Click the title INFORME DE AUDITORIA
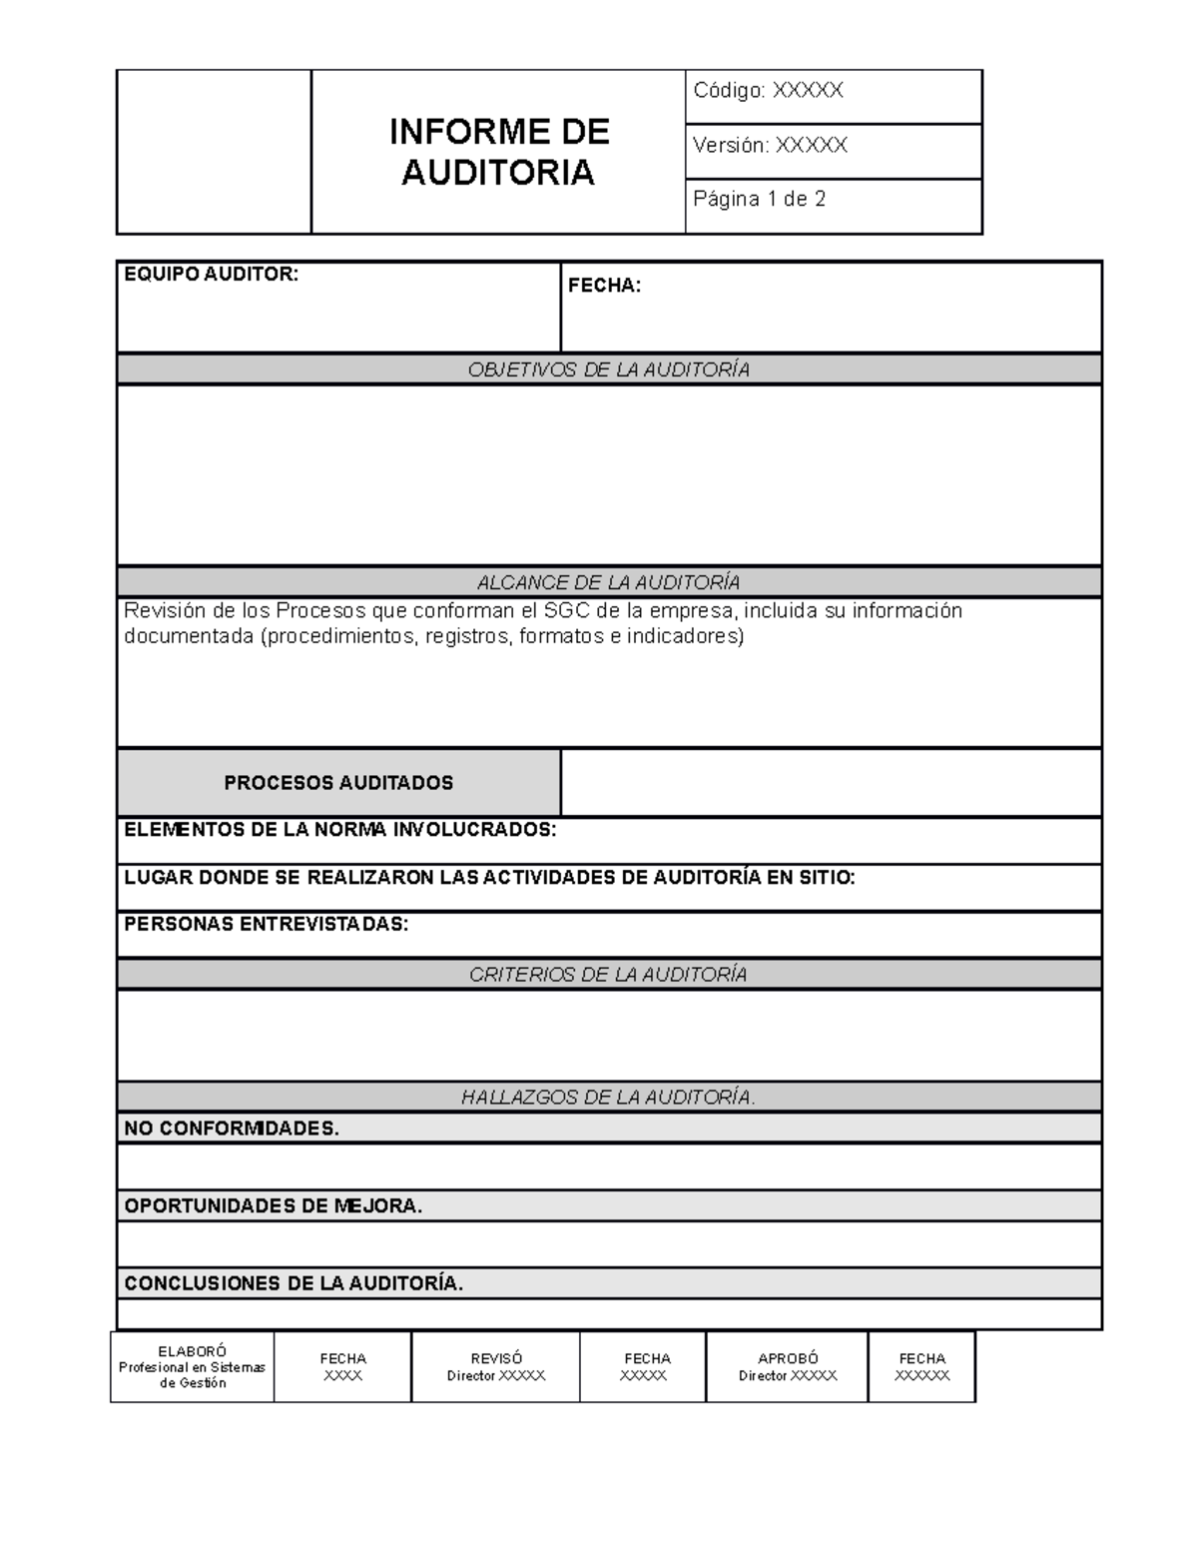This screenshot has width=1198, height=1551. [x=497, y=152]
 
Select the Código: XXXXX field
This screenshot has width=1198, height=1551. [x=768, y=91]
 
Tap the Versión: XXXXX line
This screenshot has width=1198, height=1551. [x=770, y=145]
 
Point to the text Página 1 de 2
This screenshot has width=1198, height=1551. [x=759, y=199]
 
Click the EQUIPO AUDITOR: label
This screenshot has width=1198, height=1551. [x=211, y=274]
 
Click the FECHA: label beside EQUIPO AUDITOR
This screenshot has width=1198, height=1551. [x=604, y=286]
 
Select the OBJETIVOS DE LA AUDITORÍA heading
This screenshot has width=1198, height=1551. [x=608, y=370]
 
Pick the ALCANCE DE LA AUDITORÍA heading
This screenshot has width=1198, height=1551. [x=608, y=582]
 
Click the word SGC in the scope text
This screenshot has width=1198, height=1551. [x=567, y=610]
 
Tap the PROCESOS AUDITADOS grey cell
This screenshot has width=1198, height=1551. [x=338, y=783]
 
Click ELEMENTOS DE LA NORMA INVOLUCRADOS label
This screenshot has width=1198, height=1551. [x=339, y=830]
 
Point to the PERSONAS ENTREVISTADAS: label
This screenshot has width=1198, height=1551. [x=266, y=924]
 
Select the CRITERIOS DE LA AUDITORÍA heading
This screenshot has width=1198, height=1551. [x=608, y=974]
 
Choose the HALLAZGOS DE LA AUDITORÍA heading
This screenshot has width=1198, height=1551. [x=608, y=1097]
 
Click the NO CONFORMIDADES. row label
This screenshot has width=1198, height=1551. [x=232, y=1129]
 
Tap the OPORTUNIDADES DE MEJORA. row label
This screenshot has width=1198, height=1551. [x=273, y=1205]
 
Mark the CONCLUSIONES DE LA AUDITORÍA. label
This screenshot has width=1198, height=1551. [x=294, y=1283]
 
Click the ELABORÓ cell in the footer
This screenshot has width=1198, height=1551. [x=192, y=1366]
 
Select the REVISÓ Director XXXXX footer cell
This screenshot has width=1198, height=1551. [x=495, y=1366]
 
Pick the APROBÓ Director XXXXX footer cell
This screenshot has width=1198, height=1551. [x=787, y=1366]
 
